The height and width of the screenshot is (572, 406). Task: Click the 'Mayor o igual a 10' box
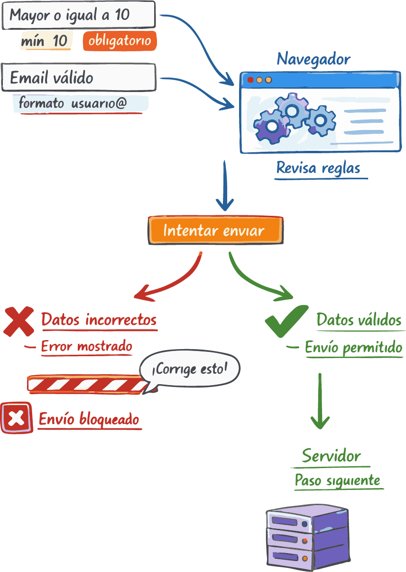tap(79, 15)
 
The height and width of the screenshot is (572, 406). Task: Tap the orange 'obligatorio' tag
tap(120, 41)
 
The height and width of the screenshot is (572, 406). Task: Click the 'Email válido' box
tap(79, 78)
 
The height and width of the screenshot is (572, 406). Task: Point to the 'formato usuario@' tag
tap(80, 103)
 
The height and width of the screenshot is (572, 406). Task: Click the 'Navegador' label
tap(314, 59)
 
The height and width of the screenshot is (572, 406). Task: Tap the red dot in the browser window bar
tap(250, 80)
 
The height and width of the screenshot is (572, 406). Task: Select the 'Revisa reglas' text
tap(318, 168)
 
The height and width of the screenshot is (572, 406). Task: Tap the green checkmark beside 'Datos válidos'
tap(286, 321)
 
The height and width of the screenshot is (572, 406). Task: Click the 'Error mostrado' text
tap(86, 347)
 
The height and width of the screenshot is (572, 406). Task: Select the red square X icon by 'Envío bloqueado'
tap(17, 417)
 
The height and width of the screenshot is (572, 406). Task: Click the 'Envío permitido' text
tap(353, 348)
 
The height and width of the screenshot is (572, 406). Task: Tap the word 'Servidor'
tap(332, 456)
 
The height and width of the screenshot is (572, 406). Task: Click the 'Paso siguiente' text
tap(337, 480)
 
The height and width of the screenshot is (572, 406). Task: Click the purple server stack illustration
tap(307, 537)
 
